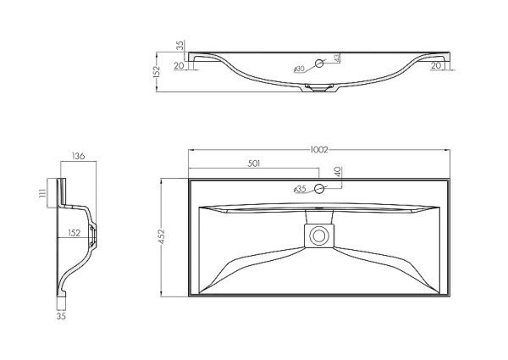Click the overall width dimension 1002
coord(319,150)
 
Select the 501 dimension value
coord(254,163)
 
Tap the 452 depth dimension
coord(162,237)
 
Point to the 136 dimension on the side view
coord(78,157)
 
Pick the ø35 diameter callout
coord(300,190)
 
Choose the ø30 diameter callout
coord(299,69)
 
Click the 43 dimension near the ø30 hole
coord(337,58)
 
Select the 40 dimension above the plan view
coord(337,172)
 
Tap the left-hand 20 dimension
coord(179,66)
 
